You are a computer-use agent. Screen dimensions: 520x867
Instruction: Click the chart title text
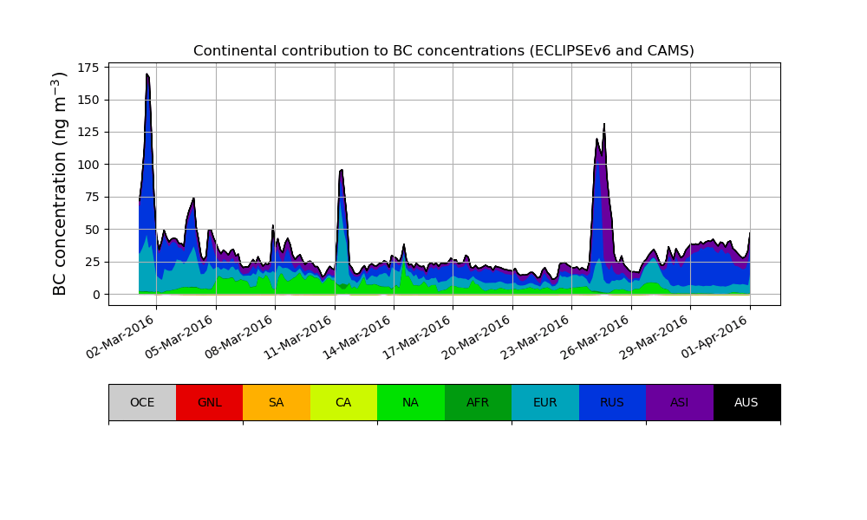(443, 51)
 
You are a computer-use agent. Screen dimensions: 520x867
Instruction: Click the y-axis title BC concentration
(60, 184)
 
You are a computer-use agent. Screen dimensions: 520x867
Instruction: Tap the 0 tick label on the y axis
(96, 295)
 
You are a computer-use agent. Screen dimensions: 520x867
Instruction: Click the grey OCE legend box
(142, 402)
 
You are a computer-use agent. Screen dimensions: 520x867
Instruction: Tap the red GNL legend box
(209, 402)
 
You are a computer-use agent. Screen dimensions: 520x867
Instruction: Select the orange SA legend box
(277, 402)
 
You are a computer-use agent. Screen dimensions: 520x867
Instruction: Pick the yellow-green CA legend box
(343, 402)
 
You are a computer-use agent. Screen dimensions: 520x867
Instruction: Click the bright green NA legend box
(411, 402)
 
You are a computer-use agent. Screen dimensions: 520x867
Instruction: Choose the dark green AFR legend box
(478, 402)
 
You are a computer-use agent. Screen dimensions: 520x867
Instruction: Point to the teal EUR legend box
(545, 402)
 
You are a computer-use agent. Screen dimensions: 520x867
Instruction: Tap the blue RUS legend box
(612, 402)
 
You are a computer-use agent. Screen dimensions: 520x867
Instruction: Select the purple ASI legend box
(680, 402)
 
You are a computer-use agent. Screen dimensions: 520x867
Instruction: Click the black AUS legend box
(746, 402)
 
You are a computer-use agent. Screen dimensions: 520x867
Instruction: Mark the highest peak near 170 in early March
(147, 75)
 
